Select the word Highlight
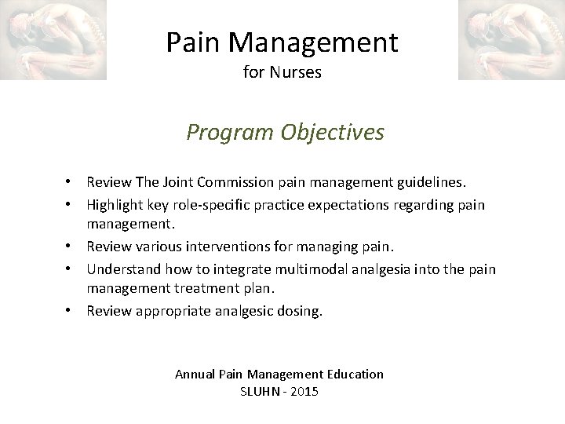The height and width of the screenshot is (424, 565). (112, 205)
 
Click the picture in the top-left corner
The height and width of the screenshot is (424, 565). (53, 40)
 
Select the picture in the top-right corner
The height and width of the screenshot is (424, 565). (511, 40)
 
